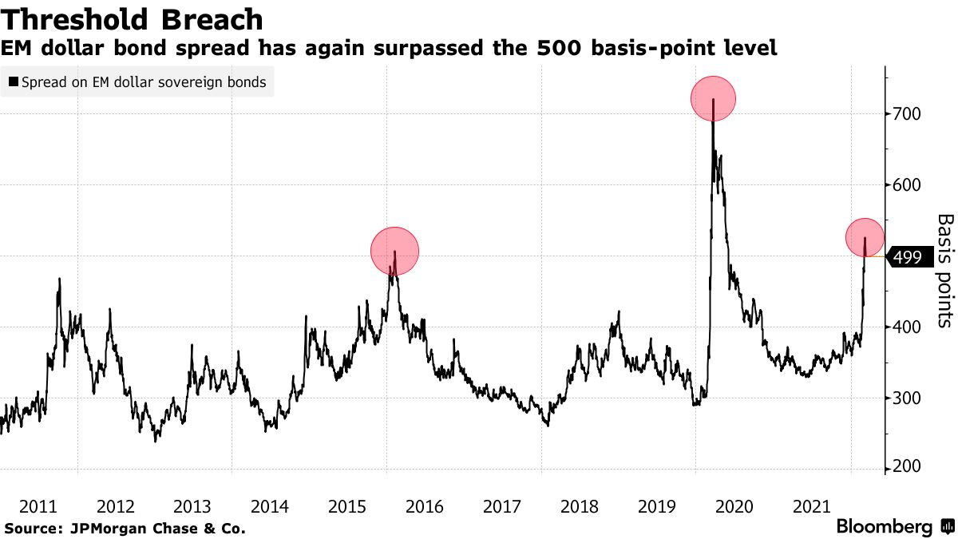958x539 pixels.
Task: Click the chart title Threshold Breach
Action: tap(133, 19)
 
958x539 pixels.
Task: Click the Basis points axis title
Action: tap(944, 270)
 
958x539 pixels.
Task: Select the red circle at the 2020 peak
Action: tap(712, 98)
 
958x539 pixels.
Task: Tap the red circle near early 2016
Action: tap(394, 251)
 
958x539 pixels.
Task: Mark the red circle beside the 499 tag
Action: tap(865, 236)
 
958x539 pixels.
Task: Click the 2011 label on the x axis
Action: tap(37, 506)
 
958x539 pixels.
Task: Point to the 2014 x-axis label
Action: tap(269, 506)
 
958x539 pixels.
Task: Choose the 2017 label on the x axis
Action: tap(501, 506)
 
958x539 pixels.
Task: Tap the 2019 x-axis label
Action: tap(656, 506)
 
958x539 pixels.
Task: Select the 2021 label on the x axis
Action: tap(811, 506)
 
